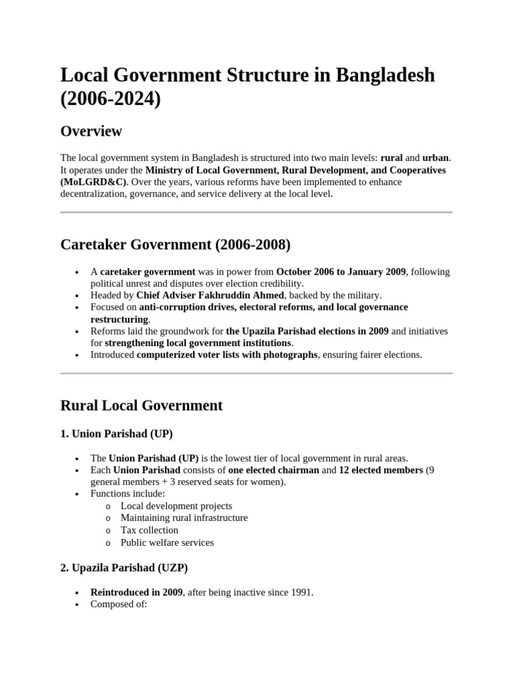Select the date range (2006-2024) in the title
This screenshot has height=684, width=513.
click(111, 99)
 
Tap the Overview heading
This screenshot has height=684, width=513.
click(91, 131)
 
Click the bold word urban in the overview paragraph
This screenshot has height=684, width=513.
click(436, 158)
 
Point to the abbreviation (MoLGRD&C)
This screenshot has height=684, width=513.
click(93, 182)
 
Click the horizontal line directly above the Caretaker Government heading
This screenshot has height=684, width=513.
click(256, 212)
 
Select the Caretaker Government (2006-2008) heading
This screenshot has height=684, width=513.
click(175, 244)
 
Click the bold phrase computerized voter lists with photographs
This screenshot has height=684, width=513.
click(227, 355)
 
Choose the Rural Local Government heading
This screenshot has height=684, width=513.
click(141, 405)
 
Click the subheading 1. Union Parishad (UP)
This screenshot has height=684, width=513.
click(116, 434)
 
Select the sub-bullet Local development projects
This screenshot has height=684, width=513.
click(176, 506)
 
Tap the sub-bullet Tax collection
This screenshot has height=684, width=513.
click(149, 530)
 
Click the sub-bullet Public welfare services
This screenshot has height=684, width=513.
click(167, 542)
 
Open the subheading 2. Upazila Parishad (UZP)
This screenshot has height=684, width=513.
click(124, 568)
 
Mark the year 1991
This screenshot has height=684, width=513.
click(301, 592)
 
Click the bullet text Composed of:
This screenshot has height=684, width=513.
click(118, 604)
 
